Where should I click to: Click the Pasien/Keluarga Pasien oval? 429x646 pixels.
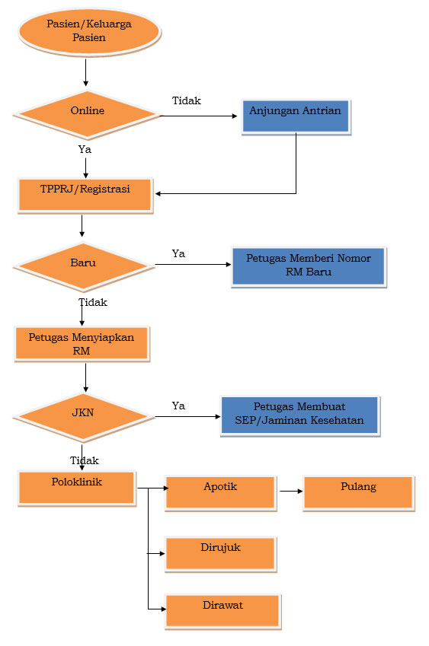[89, 31]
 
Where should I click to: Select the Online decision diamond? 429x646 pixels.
[87, 115]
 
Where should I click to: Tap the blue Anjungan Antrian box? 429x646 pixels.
[296, 116]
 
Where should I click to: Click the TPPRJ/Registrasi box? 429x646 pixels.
[85, 196]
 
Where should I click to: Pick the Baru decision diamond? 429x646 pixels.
[84, 266]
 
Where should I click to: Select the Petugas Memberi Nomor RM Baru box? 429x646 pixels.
[309, 266]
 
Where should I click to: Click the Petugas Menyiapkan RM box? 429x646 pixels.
[82, 344]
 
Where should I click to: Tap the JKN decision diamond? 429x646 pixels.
[84, 416]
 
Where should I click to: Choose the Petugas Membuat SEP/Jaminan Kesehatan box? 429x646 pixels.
[300, 415]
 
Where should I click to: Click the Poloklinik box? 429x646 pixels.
[77, 488]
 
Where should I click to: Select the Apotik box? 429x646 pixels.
[221, 493]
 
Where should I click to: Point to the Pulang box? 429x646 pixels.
[358, 493]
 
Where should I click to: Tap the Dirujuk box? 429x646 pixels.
[221, 554]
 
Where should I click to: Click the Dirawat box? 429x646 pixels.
[223, 612]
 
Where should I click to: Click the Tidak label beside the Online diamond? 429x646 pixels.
[187, 100]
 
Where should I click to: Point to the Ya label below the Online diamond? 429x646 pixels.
[85, 149]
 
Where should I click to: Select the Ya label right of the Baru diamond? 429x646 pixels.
[178, 253]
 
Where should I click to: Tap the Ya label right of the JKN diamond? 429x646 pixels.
[178, 406]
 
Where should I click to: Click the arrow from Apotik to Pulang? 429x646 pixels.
[291, 491]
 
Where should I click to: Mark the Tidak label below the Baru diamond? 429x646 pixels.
[93, 302]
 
